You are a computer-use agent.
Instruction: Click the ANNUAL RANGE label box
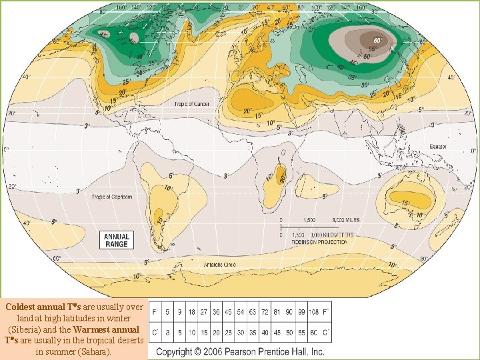point(116,240)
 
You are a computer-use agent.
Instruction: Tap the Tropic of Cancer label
point(192,105)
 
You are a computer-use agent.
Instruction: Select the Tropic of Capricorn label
point(111,197)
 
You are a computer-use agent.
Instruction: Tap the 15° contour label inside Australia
point(405,203)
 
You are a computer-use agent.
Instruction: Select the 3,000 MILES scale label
point(346,219)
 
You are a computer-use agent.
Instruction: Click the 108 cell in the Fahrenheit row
point(310,311)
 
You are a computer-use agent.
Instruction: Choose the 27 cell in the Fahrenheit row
point(204,311)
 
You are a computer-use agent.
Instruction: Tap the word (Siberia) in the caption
point(28,329)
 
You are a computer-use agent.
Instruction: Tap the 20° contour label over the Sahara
point(246,111)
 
